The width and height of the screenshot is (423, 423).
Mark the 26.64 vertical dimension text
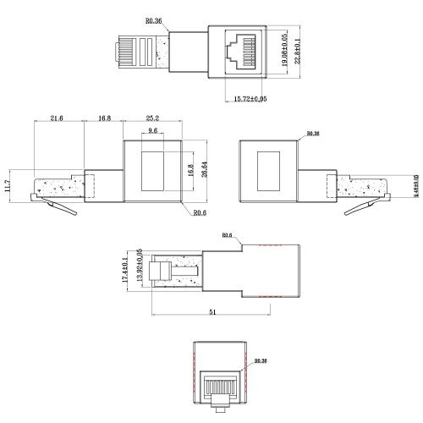pyautogui.click(x=204, y=170)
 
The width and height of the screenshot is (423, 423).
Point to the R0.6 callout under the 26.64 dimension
pyautogui.click(x=201, y=214)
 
